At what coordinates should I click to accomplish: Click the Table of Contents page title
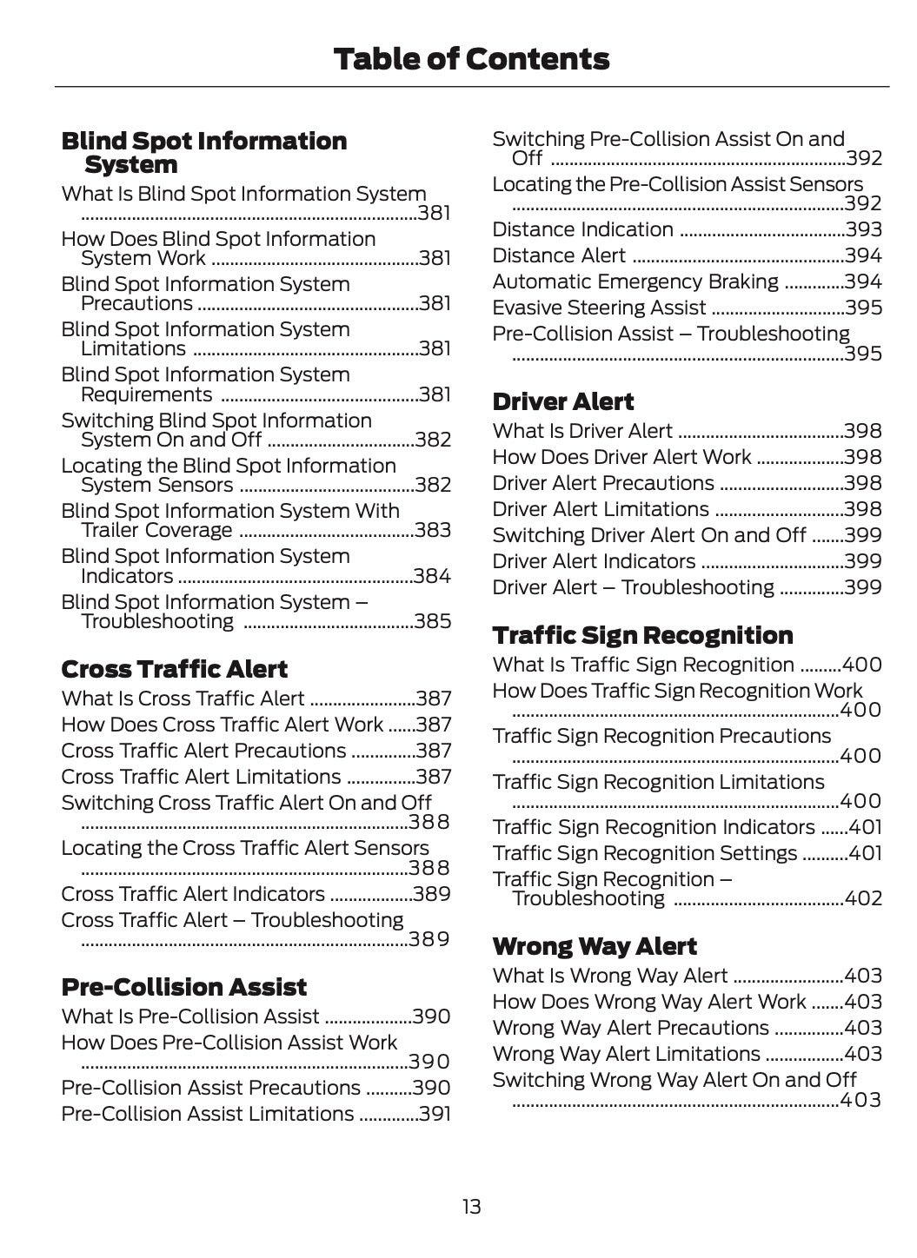coord(470,59)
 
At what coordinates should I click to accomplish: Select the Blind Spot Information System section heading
coord(203,152)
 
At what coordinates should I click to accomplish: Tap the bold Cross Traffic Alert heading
coord(174,669)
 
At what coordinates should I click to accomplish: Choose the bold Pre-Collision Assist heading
coord(183,987)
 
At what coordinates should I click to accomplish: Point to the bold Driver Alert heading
coord(562,401)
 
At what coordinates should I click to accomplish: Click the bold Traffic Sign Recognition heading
coord(642,635)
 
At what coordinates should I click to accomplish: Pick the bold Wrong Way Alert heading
coord(595,946)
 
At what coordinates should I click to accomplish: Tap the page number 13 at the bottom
coord(470,1206)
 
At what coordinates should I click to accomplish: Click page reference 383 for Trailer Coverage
coord(432,530)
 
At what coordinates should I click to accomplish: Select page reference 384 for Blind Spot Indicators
coord(432,576)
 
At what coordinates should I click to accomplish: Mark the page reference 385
coord(432,621)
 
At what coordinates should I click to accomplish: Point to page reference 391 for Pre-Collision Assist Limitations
coord(434,1114)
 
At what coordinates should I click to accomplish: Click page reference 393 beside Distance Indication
coord(863,229)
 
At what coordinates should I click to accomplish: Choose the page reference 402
coord(863,898)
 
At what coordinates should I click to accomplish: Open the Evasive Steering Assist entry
coord(599,308)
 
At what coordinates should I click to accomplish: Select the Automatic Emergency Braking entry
coord(635,281)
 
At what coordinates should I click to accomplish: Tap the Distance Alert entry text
coord(559,255)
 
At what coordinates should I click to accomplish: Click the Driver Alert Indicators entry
coord(594,561)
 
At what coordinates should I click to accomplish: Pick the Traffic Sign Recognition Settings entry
coord(644,853)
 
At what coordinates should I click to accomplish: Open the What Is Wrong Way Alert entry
coord(610,976)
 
